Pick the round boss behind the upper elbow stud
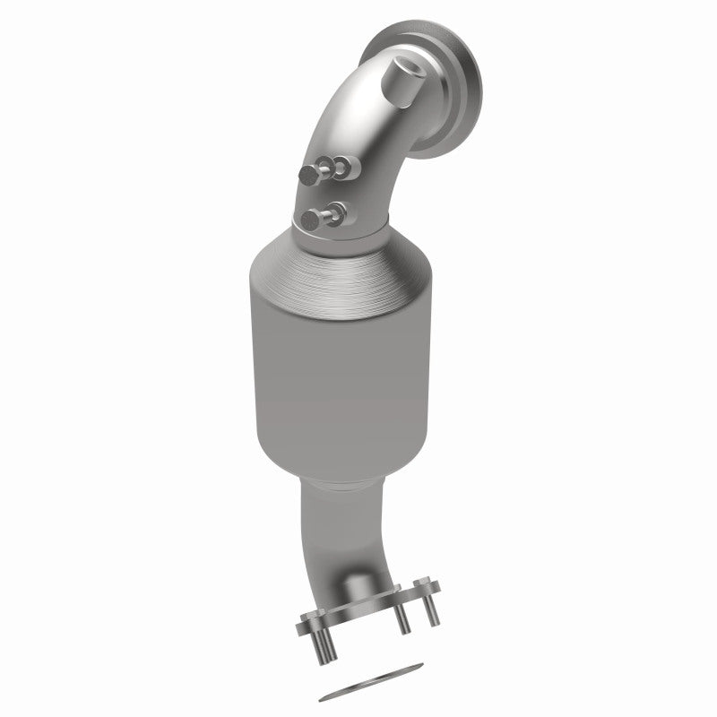(x=349, y=164)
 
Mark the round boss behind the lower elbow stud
(x=336, y=211)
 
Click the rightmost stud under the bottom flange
(x=432, y=611)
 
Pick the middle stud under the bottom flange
(x=403, y=620)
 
